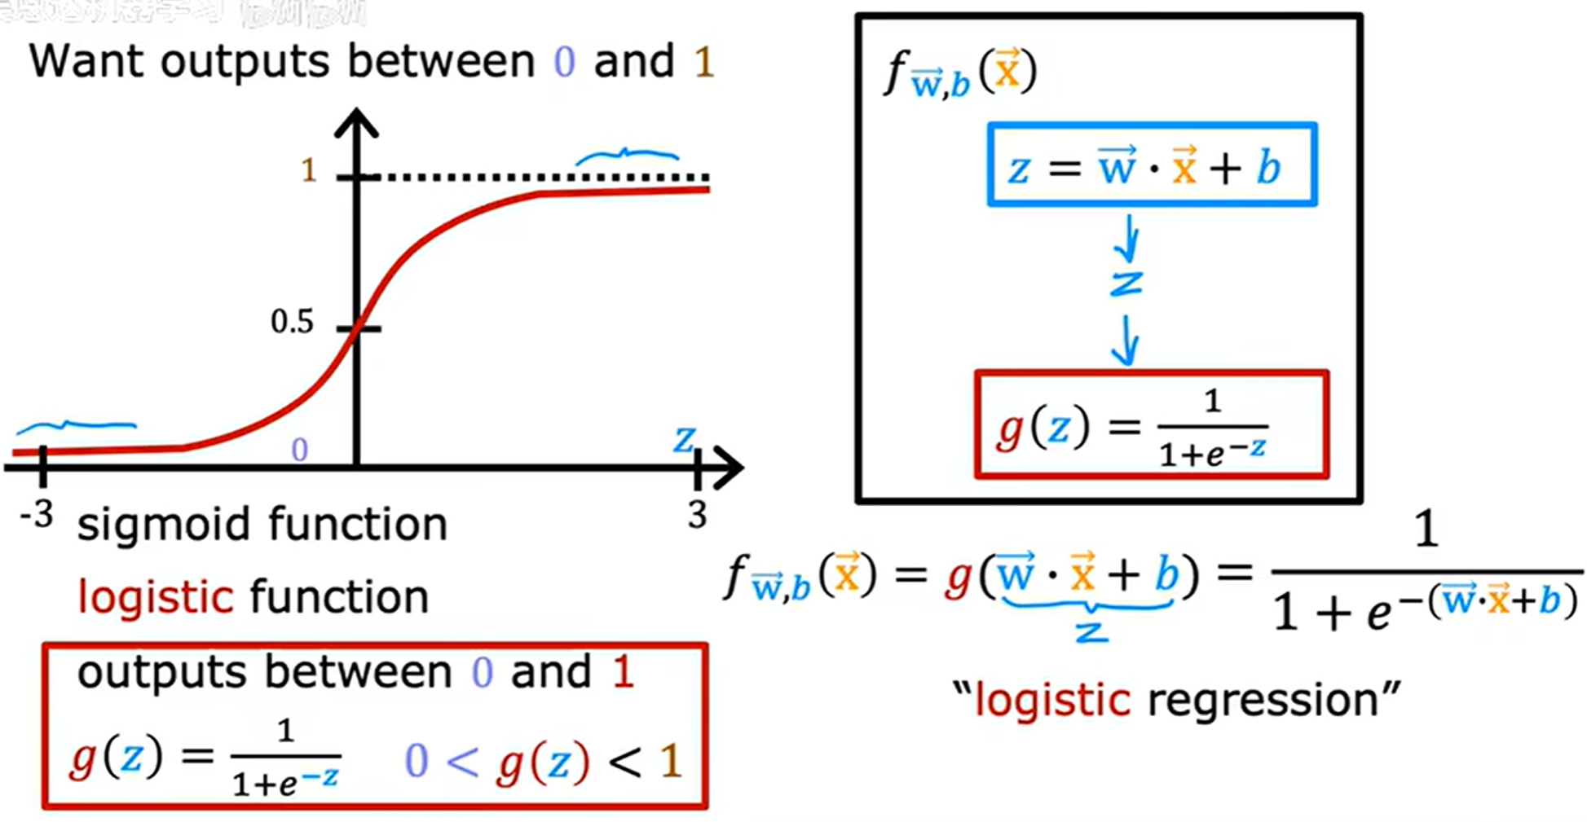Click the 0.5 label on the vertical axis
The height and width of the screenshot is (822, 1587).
292,323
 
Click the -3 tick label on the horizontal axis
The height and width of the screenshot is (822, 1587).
37,515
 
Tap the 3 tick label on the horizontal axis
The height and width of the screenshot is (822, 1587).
697,515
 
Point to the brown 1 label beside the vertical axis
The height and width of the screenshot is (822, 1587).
308,170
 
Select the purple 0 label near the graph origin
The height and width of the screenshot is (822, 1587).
300,450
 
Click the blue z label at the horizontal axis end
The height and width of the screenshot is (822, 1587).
684,441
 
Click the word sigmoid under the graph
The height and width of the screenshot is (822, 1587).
162,524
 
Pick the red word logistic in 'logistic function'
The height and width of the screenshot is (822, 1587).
156,597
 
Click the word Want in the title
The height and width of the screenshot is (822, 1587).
88,62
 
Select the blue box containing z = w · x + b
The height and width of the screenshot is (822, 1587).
1151,165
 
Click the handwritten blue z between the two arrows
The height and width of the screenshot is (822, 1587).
1126,284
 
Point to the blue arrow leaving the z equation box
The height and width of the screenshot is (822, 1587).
1129,237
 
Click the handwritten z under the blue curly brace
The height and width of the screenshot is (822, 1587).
1091,631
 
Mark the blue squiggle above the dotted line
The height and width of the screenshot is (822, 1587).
627,155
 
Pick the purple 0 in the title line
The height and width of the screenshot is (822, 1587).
564,62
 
